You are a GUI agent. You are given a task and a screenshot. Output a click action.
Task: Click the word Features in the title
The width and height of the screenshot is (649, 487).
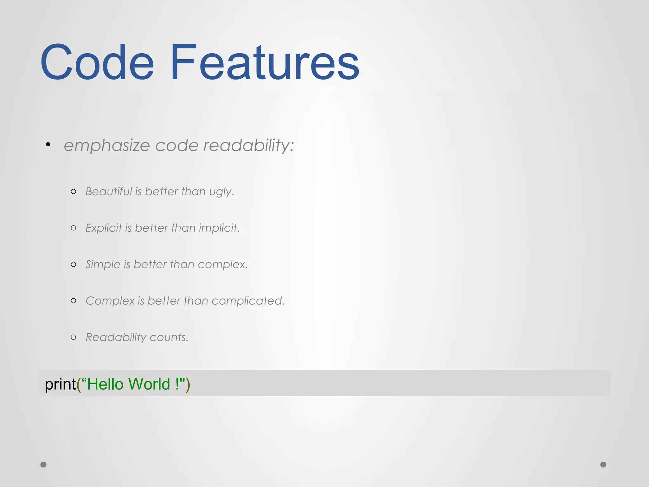(265, 62)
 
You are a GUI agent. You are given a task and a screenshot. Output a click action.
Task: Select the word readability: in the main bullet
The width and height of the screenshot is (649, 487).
(249, 146)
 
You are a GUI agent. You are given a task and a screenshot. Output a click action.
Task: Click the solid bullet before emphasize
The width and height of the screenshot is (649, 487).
(48, 145)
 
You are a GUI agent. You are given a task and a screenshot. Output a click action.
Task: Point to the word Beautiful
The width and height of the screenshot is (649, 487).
(109, 192)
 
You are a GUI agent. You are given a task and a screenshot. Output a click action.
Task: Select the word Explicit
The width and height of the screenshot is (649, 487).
(104, 228)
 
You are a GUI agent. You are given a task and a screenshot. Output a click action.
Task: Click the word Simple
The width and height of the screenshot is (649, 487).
(103, 264)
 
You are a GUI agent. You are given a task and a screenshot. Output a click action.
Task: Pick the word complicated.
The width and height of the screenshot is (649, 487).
(248, 301)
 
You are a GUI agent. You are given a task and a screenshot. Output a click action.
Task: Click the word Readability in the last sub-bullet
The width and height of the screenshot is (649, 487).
(116, 337)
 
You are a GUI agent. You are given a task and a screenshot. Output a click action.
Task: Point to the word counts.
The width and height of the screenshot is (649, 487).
(169, 337)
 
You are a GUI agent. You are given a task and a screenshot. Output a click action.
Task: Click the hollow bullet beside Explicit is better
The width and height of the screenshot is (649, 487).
(74, 228)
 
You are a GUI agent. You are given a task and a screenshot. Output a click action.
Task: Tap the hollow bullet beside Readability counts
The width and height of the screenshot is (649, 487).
(74, 337)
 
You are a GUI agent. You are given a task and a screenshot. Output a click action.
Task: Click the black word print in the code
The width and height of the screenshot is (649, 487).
(60, 384)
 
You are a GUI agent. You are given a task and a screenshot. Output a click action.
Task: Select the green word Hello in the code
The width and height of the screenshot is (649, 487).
(105, 384)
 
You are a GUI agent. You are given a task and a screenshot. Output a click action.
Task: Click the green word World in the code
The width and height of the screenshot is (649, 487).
(149, 384)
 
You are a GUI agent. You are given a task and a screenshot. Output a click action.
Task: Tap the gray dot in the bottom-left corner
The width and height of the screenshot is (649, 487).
(43, 464)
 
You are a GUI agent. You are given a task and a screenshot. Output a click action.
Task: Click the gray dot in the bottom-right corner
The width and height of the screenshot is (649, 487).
(603, 464)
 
